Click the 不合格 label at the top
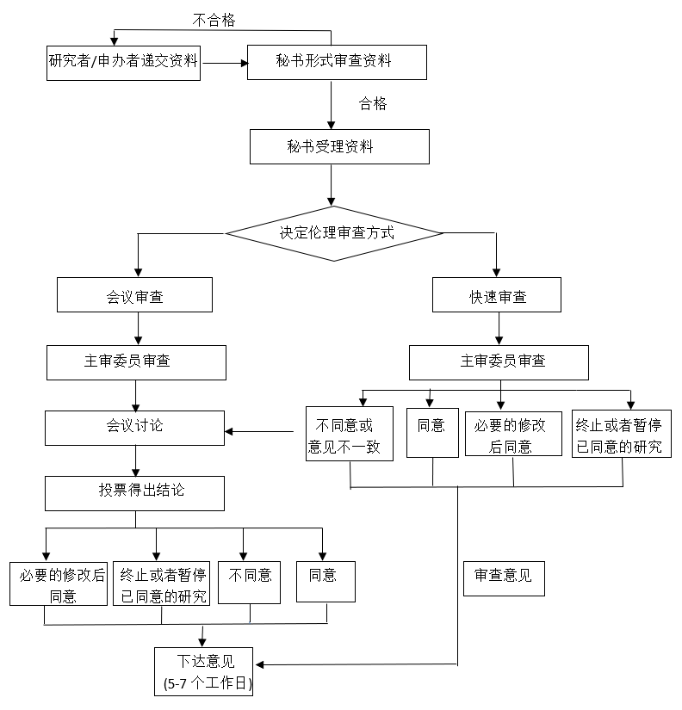coord(214,20)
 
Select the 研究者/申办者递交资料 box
coord(124,62)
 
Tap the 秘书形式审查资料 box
coord(336,62)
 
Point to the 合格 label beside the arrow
coord(373,104)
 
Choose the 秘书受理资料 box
coord(339,146)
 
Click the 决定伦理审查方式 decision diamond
coord(333,232)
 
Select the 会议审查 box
coord(134,295)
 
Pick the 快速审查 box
coord(497,295)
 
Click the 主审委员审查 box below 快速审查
coord(499,362)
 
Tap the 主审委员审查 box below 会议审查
coord(136,362)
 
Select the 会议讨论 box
coord(134,427)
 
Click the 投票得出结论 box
coord(134,492)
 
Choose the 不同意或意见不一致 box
coord(349,435)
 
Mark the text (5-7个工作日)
coord(205,684)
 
